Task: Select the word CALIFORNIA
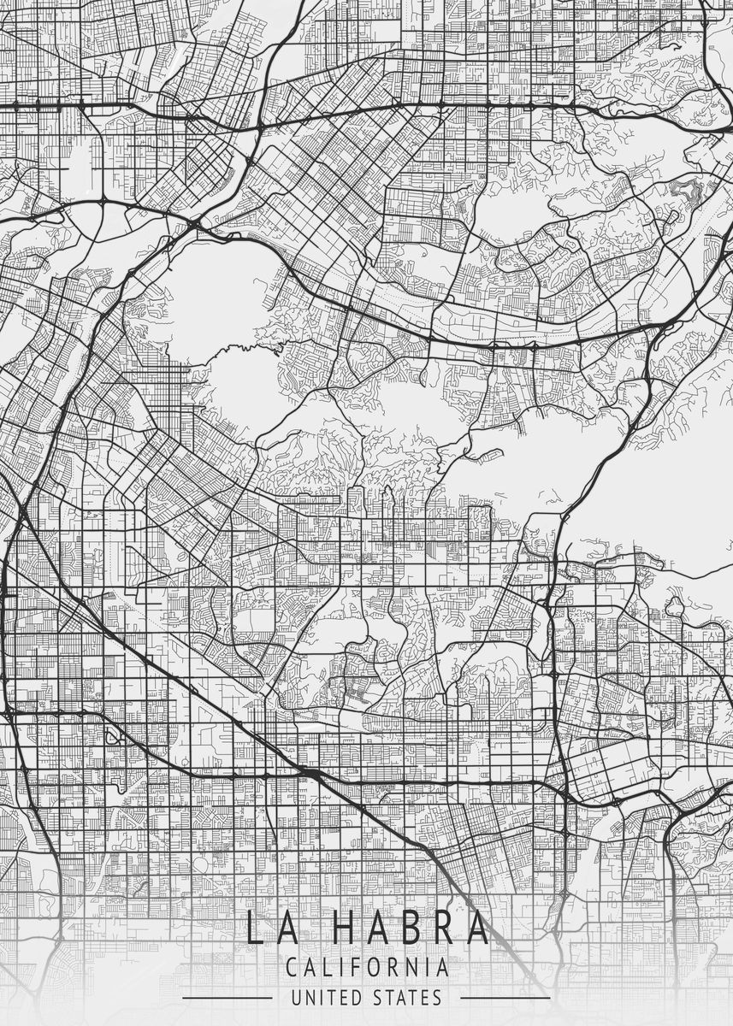[367, 968]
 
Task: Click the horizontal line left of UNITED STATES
[227, 998]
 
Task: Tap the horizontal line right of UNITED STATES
[505, 998]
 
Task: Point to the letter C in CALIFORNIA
[293, 968]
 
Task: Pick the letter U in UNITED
[296, 997]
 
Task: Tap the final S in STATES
[437, 997]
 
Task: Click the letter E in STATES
[425, 997]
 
